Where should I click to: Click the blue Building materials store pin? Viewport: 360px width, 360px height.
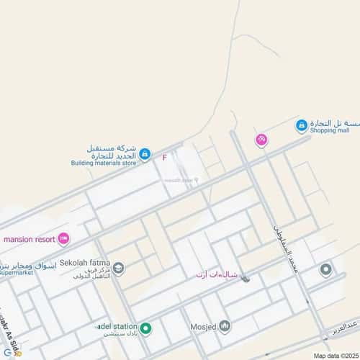coord(145,153)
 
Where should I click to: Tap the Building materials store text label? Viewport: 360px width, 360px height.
coord(103,163)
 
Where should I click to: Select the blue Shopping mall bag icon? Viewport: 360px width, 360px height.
coord(302,126)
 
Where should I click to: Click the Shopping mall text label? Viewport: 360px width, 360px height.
coord(329,130)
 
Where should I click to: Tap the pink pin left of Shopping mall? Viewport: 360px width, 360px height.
coord(261,140)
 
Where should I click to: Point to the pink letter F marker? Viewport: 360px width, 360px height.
coord(164,157)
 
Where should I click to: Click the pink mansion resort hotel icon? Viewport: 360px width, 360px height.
coord(64,238)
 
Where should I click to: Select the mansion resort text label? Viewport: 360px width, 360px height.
coord(30,238)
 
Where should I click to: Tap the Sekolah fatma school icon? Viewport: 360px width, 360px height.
coord(119,269)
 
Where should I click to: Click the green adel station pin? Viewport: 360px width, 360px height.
coord(145,329)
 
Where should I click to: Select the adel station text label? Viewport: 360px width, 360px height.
coord(115,325)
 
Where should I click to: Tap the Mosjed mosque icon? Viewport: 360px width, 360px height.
coord(224,327)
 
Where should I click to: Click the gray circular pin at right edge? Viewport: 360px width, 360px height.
coord(325,270)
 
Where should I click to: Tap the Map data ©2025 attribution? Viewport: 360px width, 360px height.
coord(334,355)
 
